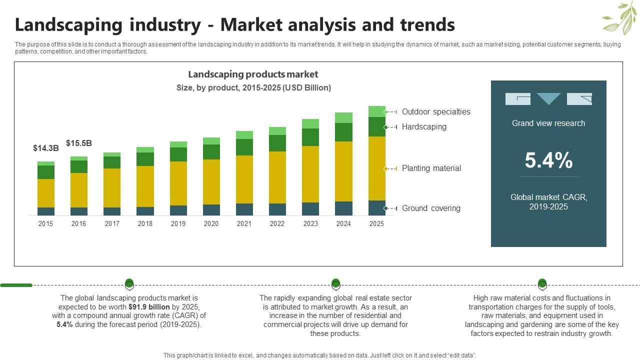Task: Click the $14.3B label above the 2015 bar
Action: tap(46, 148)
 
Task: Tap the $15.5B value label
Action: tap(79, 143)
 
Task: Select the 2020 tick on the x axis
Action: tap(211, 223)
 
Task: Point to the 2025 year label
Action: tap(376, 223)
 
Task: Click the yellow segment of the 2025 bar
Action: tap(376, 168)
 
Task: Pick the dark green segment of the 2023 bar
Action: tap(310, 137)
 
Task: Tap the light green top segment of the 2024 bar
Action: tap(343, 117)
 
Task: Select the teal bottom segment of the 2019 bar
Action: tap(178, 210)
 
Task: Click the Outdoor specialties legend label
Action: tap(436, 111)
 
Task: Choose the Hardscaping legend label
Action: tap(424, 126)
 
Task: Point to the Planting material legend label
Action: tap(431, 168)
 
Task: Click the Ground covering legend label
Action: tap(431, 208)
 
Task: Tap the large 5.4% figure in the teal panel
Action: tap(548, 160)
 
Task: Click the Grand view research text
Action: tap(548, 123)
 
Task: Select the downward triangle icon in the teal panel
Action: tap(548, 98)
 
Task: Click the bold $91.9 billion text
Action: tap(149, 307)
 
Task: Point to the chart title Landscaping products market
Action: tap(253, 74)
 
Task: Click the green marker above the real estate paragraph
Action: tap(336, 284)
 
